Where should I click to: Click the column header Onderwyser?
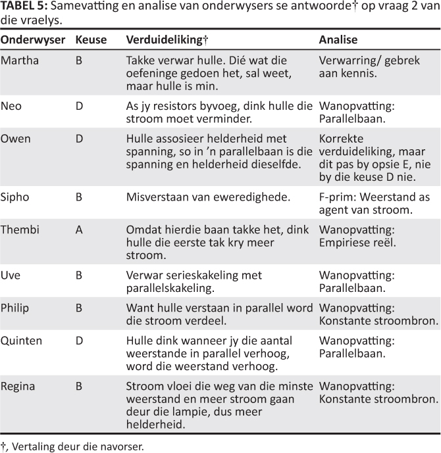click(x=32, y=40)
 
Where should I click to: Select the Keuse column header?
click(x=91, y=40)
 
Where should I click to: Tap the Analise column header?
click(x=338, y=40)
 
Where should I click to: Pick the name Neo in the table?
click(x=10, y=105)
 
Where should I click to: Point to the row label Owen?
click(x=15, y=139)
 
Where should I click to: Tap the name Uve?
click(x=10, y=274)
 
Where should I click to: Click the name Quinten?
click(x=21, y=341)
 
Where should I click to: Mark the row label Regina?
click(x=17, y=386)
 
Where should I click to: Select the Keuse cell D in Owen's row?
click(x=79, y=139)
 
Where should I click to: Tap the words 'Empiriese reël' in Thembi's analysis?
click(x=357, y=243)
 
